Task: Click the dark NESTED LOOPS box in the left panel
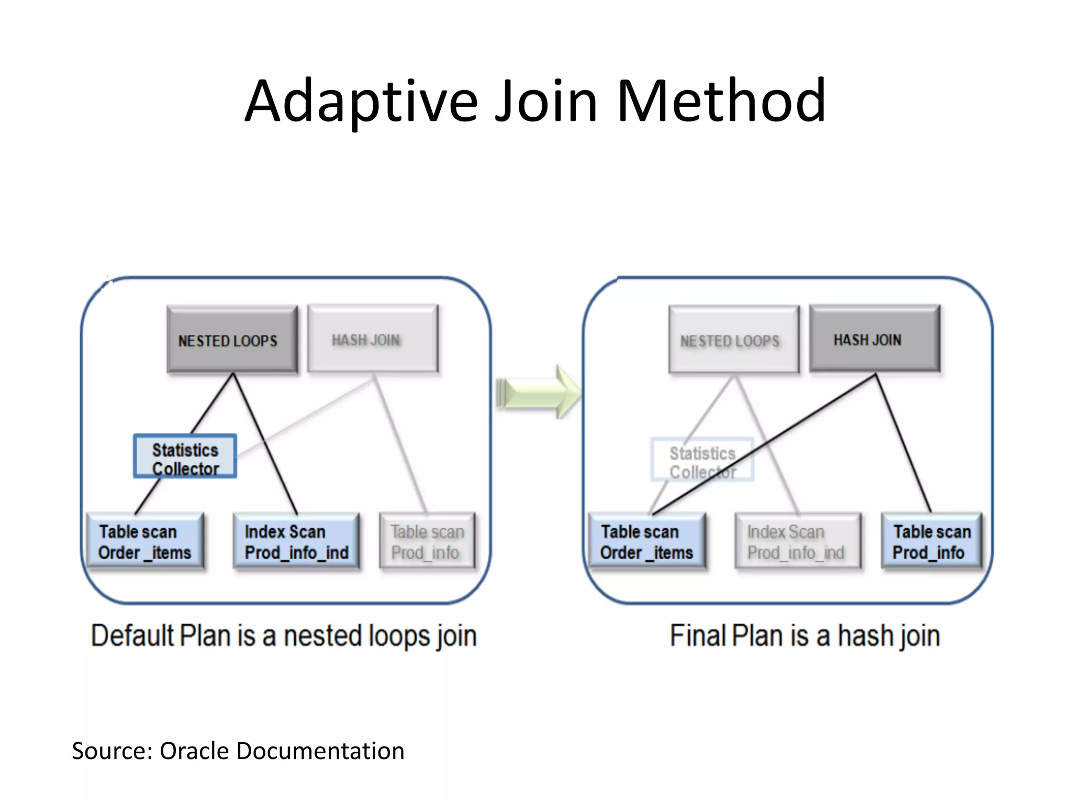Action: click(x=232, y=339)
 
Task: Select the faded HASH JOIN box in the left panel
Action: click(x=373, y=339)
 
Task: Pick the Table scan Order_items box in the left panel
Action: click(x=145, y=541)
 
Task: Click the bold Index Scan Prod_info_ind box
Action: click(x=296, y=541)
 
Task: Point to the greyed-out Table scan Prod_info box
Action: click(x=427, y=541)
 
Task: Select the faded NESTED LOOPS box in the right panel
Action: click(x=734, y=339)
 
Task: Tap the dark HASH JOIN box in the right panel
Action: click(x=875, y=339)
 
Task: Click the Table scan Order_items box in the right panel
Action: click(x=646, y=541)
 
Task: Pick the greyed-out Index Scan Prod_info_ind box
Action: click(x=797, y=541)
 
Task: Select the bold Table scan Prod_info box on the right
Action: click(x=932, y=541)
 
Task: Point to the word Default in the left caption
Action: click(x=132, y=635)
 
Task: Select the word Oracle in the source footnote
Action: click(x=194, y=751)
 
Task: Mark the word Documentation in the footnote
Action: click(x=320, y=751)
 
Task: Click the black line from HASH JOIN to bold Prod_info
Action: click(x=903, y=443)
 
